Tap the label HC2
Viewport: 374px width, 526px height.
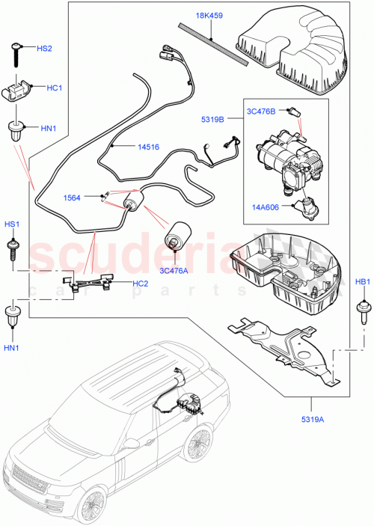pyautogui.click(x=140, y=283)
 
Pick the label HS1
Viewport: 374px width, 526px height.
pyautogui.click(x=13, y=224)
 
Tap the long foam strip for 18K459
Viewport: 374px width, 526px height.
pyautogui.click(x=217, y=46)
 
